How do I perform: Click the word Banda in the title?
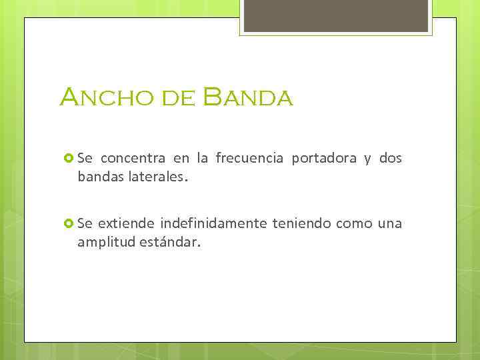(x=248, y=97)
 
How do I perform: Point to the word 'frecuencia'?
(x=249, y=159)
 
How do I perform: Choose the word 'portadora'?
(x=323, y=159)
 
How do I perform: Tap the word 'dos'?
(x=391, y=159)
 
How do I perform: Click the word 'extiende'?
(x=128, y=223)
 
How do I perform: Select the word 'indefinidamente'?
(x=213, y=223)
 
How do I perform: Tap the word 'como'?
(x=353, y=223)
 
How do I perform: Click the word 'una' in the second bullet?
(x=390, y=223)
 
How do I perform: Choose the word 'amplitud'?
(x=107, y=243)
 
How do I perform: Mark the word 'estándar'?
(x=169, y=243)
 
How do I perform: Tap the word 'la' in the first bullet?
(x=202, y=159)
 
